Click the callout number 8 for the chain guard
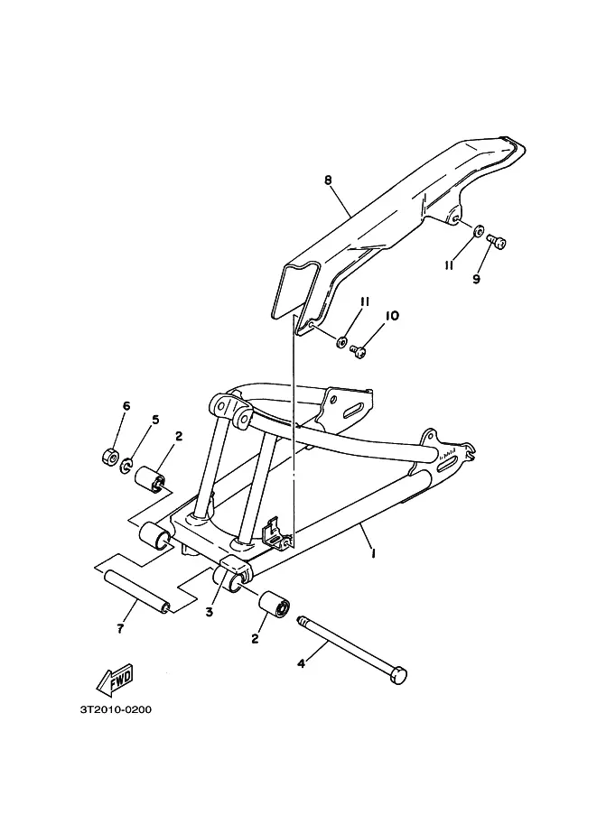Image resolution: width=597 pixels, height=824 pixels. (329, 181)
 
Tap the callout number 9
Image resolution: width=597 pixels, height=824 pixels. (476, 279)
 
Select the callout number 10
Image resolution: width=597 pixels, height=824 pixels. (392, 316)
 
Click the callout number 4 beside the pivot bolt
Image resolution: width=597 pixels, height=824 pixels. (302, 663)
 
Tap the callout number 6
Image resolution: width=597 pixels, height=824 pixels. (126, 406)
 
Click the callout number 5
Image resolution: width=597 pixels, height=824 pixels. (155, 420)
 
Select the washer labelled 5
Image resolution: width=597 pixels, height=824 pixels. (127, 464)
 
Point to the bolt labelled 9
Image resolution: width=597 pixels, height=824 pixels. (497, 241)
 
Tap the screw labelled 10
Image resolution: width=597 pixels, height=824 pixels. (360, 352)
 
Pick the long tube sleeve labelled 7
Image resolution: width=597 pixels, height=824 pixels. (135, 590)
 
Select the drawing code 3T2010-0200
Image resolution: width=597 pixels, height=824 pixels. (116, 708)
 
